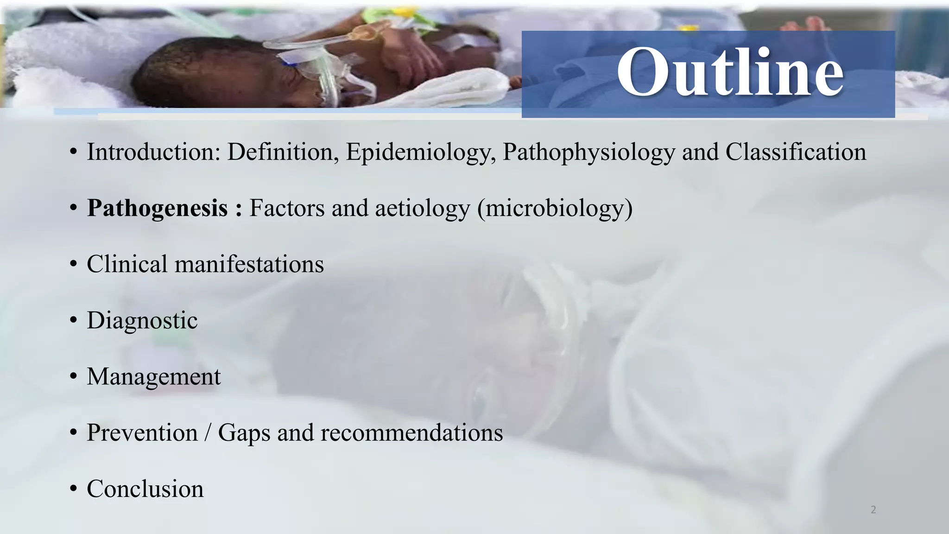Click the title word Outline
730,72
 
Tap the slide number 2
873,510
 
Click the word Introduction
153,152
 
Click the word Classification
796,152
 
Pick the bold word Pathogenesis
158,209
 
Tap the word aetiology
423,209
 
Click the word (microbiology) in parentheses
555,209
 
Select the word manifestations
249,264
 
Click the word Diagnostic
142,321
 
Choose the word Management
154,377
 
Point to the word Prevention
142,433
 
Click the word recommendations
411,433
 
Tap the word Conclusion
145,489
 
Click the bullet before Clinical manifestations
73,265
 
